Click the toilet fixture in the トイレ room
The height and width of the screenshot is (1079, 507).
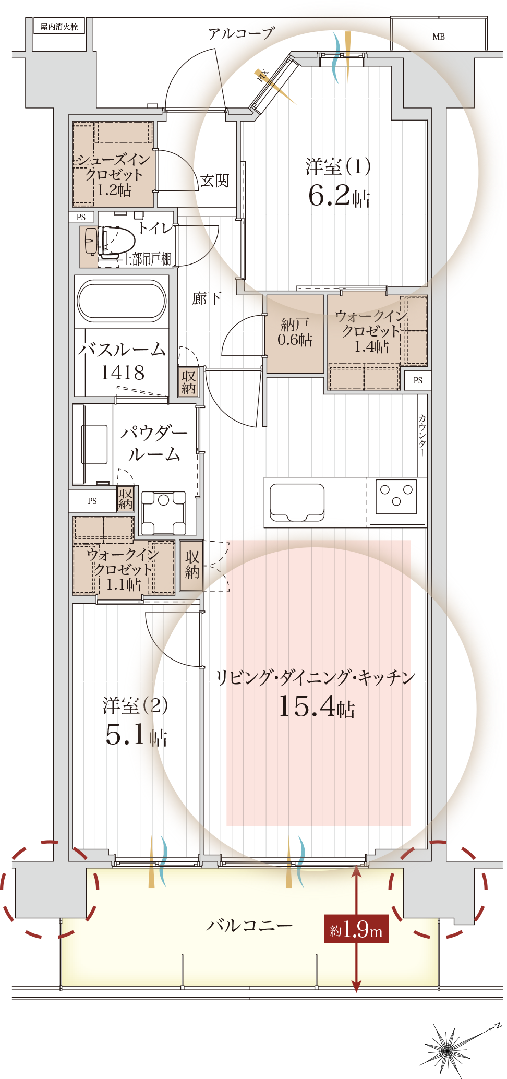click(x=110, y=242)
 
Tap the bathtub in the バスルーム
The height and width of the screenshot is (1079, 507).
click(x=122, y=301)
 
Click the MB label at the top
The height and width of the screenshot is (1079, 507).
click(x=439, y=37)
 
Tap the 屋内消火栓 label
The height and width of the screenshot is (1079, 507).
click(x=59, y=27)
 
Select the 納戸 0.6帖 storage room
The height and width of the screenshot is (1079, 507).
click(x=295, y=334)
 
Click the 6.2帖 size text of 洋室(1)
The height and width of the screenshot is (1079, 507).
click(x=339, y=196)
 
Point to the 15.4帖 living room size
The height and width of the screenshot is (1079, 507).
click(x=317, y=707)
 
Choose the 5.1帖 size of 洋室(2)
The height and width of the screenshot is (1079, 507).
click(x=136, y=735)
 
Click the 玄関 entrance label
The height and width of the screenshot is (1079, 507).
click(x=215, y=181)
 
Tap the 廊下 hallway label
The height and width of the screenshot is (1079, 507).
click(x=207, y=298)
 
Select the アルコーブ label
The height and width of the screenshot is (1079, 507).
click(x=241, y=34)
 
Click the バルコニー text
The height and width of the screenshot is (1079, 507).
click(x=249, y=925)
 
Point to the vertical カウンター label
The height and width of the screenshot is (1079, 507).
click(x=422, y=436)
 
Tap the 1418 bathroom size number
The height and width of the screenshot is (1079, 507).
click(x=123, y=373)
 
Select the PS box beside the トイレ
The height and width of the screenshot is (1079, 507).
click(x=81, y=217)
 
